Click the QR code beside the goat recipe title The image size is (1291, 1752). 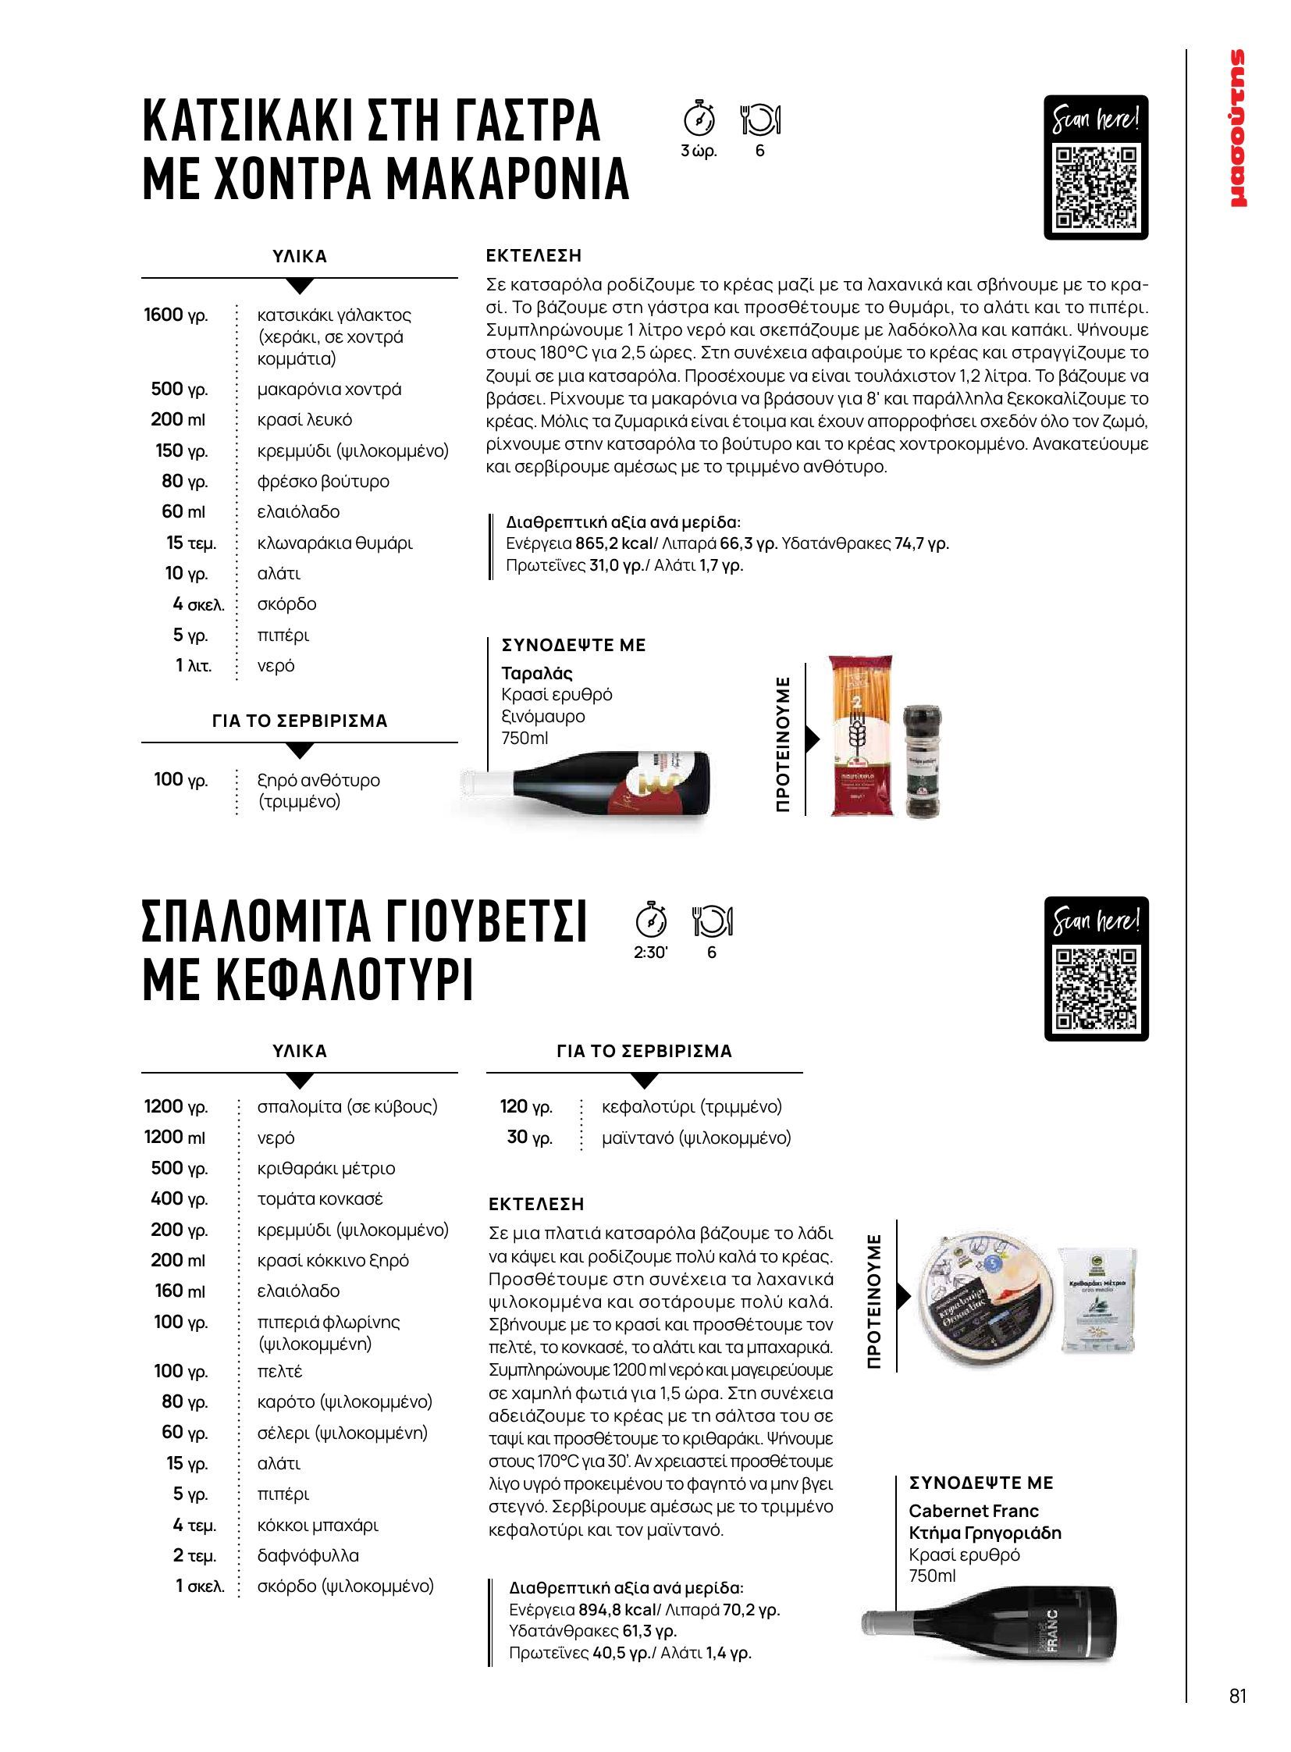[x=1096, y=185]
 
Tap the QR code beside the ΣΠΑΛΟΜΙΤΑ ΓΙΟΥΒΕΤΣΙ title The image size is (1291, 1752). [x=1096, y=987]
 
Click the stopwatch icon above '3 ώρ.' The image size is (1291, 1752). [x=699, y=119]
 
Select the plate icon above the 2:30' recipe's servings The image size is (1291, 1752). [x=713, y=921]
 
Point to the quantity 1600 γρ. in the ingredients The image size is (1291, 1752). [x=176, y=315]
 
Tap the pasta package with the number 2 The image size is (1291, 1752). [x=860, y=735]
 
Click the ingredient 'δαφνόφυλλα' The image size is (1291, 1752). [x=308, y=1555]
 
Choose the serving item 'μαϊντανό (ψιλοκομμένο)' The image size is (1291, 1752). [x=696, y=1138]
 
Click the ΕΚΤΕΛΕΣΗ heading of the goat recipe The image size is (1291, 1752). [x=534, y=255]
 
